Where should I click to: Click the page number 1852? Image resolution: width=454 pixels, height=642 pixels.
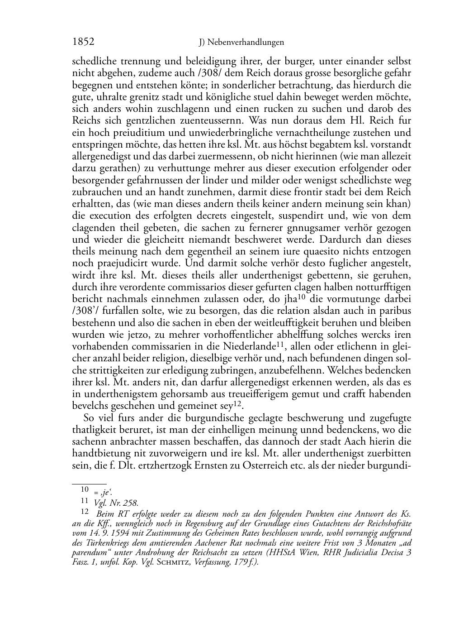tap(83, 42)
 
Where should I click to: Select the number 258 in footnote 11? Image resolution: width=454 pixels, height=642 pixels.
tap(131, 503)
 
